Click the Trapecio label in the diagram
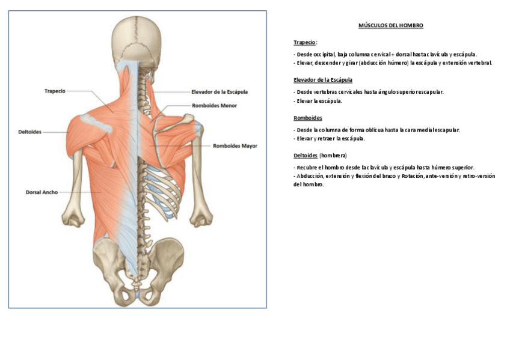(55, 91)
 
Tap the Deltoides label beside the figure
(29, 132)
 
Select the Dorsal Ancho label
(41, 192)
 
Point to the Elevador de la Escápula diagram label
(219, 92)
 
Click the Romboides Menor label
(214, 105)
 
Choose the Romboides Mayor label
(235, 145)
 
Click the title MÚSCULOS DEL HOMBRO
(391, 26)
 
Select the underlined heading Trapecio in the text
(304, 42)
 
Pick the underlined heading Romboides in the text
(308, 118)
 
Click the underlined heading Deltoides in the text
(306, 155)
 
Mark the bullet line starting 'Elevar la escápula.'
(319, 101)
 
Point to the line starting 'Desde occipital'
(385, 54)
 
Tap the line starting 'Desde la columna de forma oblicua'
(376, 130)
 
